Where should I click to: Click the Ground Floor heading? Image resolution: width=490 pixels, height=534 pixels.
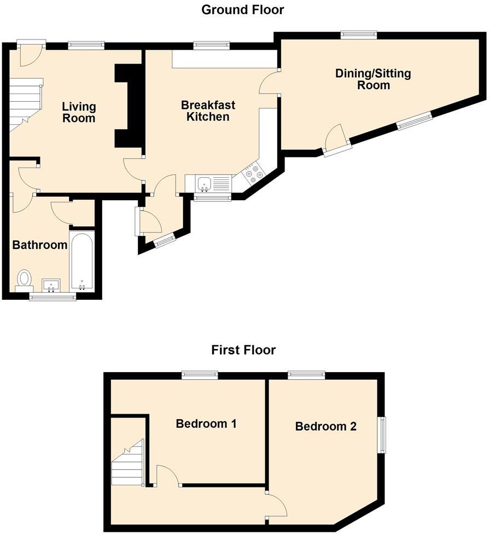(x=243, y=9)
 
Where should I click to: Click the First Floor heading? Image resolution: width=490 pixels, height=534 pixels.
(x=243, y=350)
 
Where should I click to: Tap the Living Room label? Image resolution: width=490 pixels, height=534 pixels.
(x=79, y=112)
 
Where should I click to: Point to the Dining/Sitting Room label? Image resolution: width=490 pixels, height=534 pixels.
(x=373, y=79)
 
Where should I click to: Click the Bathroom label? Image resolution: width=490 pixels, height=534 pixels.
(x=39, y=245)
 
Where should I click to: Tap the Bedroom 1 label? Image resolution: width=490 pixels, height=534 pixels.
(x=206, y=423)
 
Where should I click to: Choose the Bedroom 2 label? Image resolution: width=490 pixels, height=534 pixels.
(x=325, y=426)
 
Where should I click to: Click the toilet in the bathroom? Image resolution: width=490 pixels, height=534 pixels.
(x=24, y=279)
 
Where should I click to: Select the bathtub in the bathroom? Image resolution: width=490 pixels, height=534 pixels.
(x=82, y=262)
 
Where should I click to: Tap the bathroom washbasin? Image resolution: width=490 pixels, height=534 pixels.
(x=51, y=285)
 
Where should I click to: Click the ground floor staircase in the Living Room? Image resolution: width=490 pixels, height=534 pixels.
(x=25, y=104)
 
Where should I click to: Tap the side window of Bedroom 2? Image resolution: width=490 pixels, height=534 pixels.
(x=383, y=434)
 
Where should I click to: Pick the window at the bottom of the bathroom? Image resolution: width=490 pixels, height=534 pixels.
(x=52, y=297)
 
